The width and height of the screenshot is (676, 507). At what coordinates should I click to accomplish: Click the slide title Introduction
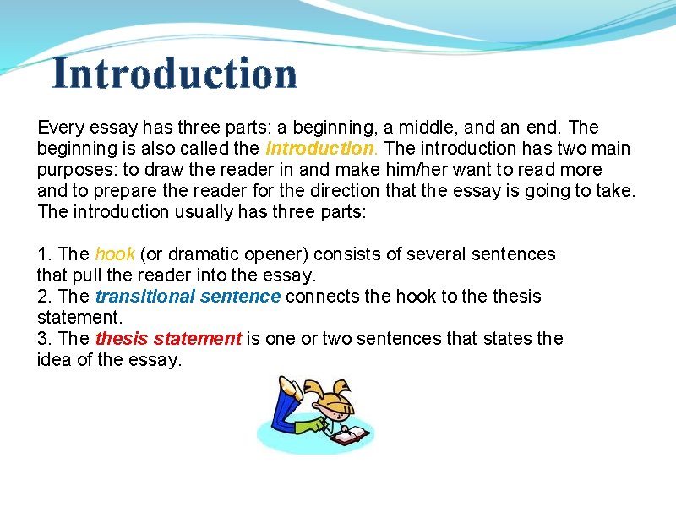pyautogui.click(x=175, y=74)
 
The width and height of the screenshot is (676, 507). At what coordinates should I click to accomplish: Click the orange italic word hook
pyautogui.click(x=115, y=254)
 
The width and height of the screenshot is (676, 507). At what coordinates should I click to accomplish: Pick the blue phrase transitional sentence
pyautogui.click(x=188, y=297)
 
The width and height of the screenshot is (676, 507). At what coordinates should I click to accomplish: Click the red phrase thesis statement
pyautogui.click(x=168, y=339)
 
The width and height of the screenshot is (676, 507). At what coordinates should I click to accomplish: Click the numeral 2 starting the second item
pyautogui.click(x=42, y=297)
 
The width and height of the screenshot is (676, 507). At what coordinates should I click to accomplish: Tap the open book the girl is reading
pyautogui.click(x=349, y=435)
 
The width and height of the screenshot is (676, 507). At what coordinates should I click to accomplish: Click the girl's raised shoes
pyautogui.click(x=289, y=388)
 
